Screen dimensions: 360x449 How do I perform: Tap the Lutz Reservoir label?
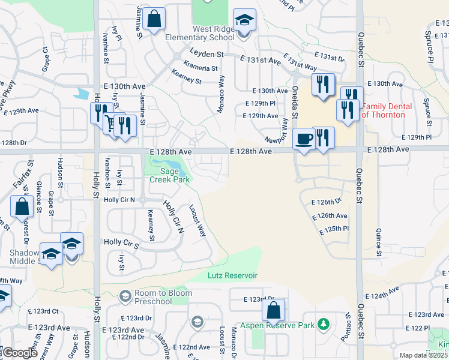(232, 275)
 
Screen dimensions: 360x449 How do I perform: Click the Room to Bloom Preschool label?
(153, 297)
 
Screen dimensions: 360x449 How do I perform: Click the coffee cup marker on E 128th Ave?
(304, 140)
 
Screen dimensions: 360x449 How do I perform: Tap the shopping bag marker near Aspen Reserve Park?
(273, 311)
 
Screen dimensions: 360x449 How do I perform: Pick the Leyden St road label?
(206, 53)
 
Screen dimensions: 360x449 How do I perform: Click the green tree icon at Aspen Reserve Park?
(324, 324)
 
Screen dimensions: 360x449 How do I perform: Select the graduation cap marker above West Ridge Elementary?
(244, 20)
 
